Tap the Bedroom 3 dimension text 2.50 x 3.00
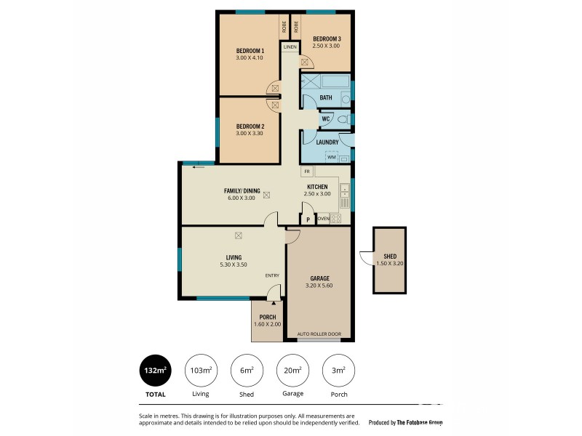327,46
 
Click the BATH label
326,98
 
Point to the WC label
326,118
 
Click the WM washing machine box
332,156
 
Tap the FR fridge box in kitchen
308,171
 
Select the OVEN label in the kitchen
324,218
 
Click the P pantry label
308,219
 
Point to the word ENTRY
272,275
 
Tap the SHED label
390,256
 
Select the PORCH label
267,317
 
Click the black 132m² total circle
154,371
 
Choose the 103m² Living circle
200,371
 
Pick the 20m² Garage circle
292,371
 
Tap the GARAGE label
319,278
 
